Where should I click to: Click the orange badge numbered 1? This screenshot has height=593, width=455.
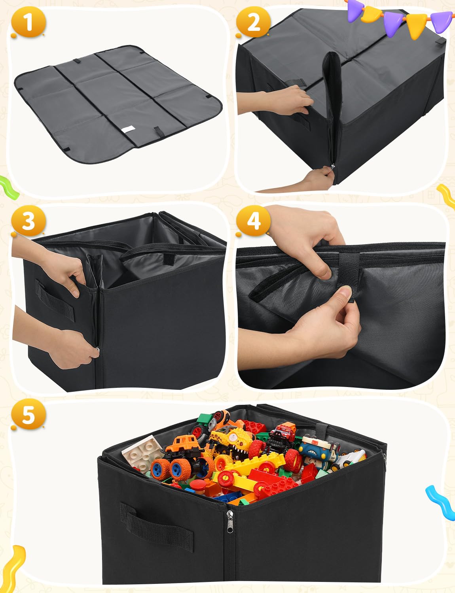click(28, 23)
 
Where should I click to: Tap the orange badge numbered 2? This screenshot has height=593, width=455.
click(253, 22)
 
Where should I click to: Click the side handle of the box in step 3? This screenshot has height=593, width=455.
click(55, 300)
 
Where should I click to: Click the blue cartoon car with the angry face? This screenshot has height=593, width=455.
click(316, 451)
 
